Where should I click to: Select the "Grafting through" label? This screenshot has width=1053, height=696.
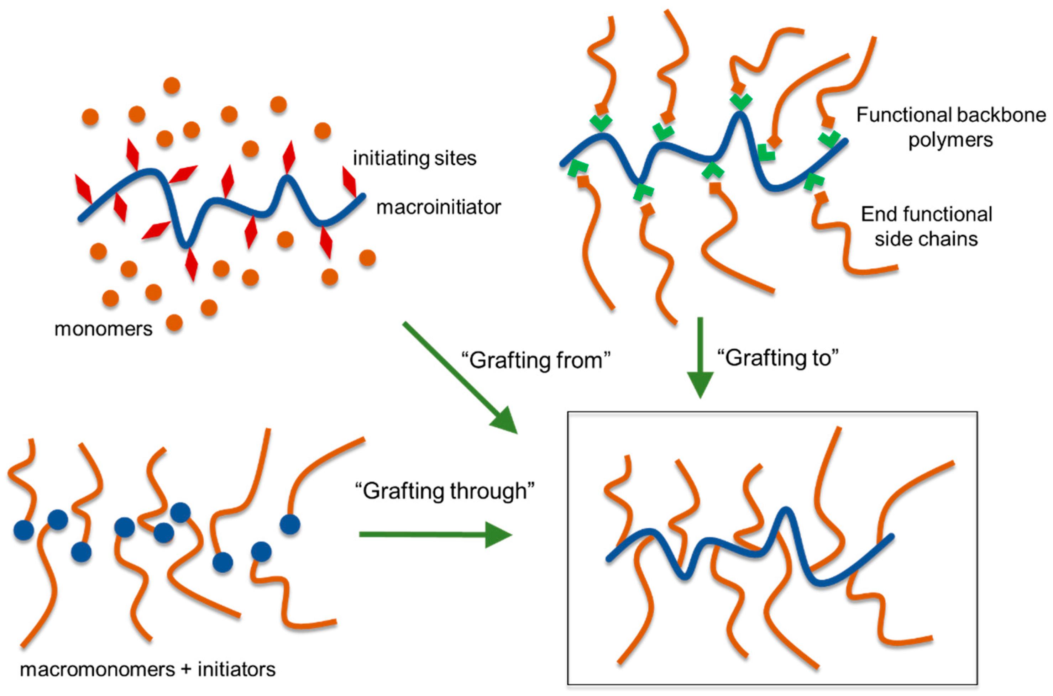pos(445,491)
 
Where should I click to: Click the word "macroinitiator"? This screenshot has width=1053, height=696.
pos(438,207)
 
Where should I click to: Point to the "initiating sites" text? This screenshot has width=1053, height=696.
pos(414,158)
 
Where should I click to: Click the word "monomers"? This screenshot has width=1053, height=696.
pos(103,329)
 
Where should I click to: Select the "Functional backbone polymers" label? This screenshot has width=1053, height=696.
pos(951,127)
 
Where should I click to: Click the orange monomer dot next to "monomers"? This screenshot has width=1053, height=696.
pos(174,323)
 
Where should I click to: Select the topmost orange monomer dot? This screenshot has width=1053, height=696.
pos(172,85)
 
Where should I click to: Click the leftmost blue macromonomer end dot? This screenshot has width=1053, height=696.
pos(23,530)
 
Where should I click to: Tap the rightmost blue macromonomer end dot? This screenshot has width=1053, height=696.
pos(290,524)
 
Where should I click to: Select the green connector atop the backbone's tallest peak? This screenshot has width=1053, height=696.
pos(741,101)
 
